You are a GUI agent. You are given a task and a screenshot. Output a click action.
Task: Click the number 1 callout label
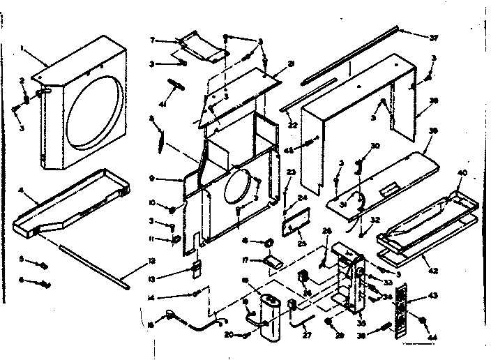point(22,48)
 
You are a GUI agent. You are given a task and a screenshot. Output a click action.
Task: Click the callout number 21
point(292,63)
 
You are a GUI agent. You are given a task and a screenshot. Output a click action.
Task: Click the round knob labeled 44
point(423,321)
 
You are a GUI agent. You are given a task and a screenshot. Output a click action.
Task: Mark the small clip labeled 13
point(196,268)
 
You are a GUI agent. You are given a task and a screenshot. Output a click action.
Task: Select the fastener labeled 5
point(44,265)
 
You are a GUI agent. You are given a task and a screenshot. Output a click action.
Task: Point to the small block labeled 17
point(272,262)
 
